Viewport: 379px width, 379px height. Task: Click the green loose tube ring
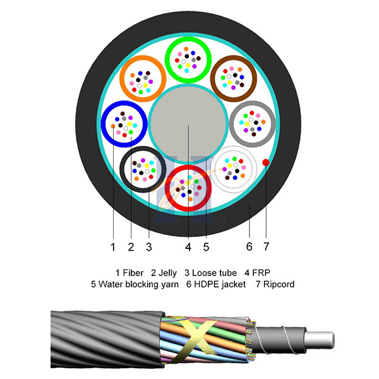[x=188, y=44]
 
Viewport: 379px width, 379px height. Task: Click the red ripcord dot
[x=266, y=162]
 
